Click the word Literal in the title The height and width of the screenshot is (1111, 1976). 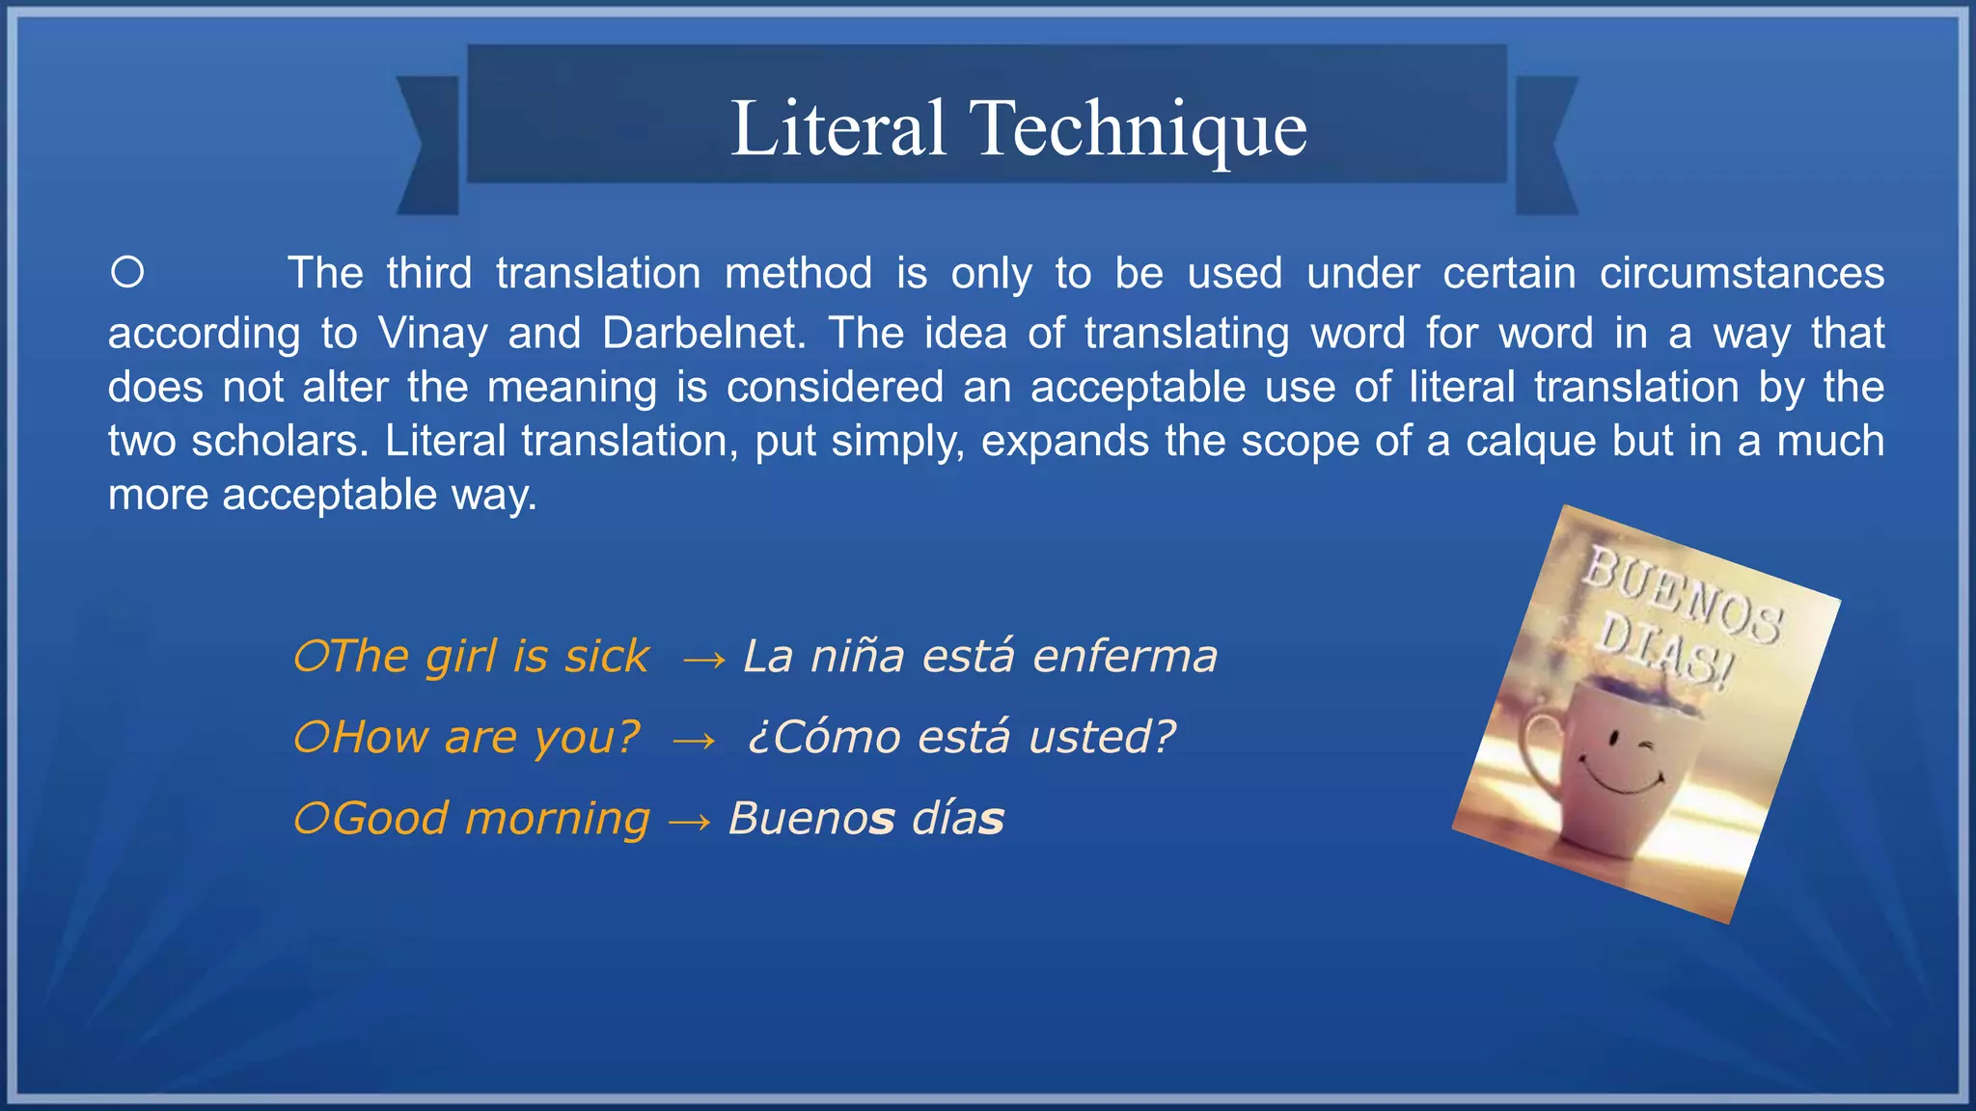click(x=837, y=129)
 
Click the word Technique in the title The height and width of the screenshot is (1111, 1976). click(x=1141, y=129)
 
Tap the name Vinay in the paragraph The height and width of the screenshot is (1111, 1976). click(x=433, y=334)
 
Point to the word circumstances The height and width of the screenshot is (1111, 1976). click(x=1741, y=274)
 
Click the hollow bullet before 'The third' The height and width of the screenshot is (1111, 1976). click(x=127, y=273)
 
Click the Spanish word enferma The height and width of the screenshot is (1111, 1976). click(x=1125, y=657)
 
